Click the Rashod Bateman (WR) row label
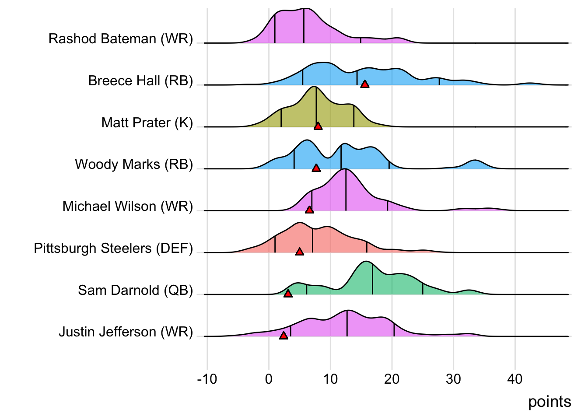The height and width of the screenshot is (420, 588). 120,39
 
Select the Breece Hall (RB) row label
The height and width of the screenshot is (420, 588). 140,81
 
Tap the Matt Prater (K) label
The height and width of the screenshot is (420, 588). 147,123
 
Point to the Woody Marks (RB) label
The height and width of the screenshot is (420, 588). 133,164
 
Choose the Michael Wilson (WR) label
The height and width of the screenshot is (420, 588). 127,206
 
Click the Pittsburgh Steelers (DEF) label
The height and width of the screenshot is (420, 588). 113,248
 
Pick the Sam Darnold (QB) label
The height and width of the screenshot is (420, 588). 135,290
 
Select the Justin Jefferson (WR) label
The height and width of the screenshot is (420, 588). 126,332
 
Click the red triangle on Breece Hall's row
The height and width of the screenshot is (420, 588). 364,84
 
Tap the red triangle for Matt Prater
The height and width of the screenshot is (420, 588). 318,126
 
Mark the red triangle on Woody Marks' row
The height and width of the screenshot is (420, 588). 316,168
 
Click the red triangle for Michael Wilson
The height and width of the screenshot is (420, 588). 309,210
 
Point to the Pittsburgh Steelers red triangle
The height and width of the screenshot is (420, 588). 299,252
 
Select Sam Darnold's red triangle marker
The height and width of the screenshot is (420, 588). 288,294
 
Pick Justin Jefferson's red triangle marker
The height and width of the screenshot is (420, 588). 283,336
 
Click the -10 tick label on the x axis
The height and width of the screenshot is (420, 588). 206,379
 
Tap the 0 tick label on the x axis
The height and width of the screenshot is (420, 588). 269,379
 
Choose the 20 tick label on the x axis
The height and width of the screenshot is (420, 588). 392,379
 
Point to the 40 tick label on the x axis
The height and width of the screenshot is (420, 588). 515,379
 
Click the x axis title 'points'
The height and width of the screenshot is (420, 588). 549,402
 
